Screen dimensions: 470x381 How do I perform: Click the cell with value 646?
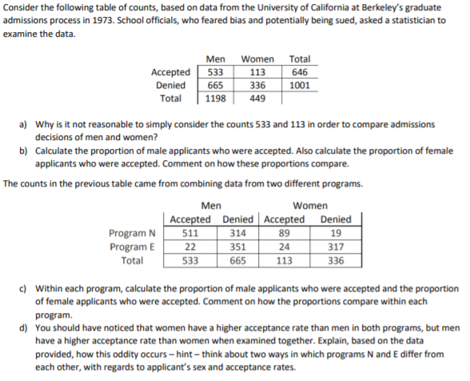(299, 72)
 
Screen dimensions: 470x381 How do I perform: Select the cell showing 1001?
(299, 86)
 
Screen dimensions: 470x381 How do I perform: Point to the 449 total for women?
(257, 99)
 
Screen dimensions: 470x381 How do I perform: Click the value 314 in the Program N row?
(237, 233)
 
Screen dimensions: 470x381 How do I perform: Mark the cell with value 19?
(336, 233)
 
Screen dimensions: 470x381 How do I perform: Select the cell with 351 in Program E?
(237, 247)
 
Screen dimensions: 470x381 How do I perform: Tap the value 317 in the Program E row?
(336, 247)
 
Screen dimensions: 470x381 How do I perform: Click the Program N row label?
(132, 233)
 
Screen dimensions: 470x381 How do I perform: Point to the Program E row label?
(132, 247)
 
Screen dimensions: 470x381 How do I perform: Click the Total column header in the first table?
(299, 58)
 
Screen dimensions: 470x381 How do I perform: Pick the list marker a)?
(23, 125)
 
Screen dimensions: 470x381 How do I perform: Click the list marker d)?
(23, 328)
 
